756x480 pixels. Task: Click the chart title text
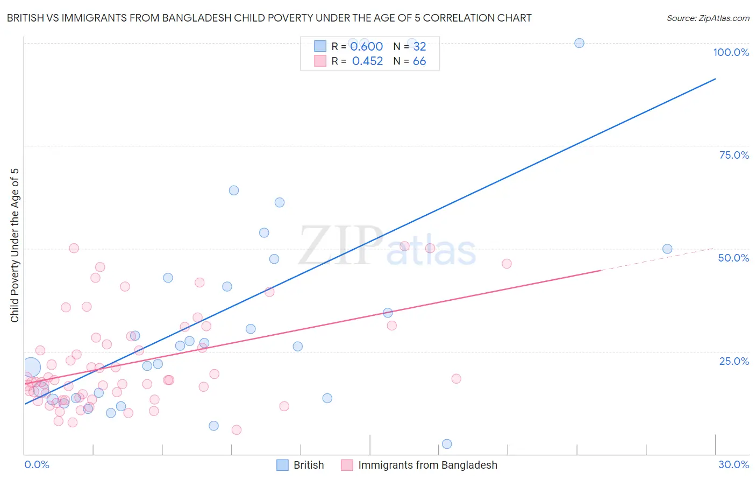(269, 18)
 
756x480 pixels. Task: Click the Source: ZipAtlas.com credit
(708, 18)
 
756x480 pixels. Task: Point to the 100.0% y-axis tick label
(731, 52)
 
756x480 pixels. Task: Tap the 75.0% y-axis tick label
(734, 155)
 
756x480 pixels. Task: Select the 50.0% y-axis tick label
(733, 258)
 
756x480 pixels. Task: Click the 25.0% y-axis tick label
(734, 361)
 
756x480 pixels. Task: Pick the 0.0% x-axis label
(37, 464)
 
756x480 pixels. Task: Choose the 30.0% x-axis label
(733, 464)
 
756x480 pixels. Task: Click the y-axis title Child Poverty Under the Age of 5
(15, 245)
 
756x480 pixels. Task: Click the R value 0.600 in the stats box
(366, 47)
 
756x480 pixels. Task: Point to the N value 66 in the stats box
(419, 61)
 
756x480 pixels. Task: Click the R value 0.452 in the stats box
(367, 61)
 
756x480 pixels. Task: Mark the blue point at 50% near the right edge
(667, 249)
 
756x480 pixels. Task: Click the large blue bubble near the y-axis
(31, 368)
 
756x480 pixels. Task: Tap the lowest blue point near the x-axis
(447, 444)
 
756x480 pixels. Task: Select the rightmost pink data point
(507, 264)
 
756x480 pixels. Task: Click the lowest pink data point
(237, 430)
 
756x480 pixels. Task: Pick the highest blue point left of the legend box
(234, 190)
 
